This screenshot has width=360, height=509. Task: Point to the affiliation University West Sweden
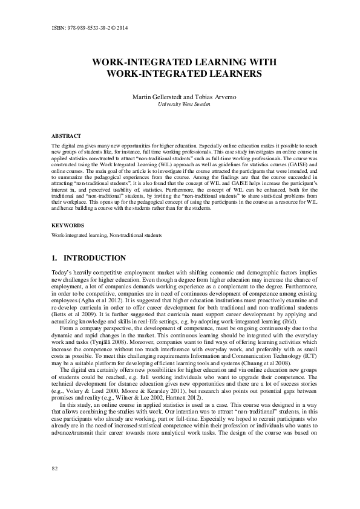[x=180, y=104]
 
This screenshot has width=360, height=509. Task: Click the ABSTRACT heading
[x=66, y=137]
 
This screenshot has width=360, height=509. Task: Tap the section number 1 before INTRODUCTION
[x=55, y=258]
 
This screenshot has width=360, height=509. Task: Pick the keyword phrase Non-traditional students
[x=136, y=235]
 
